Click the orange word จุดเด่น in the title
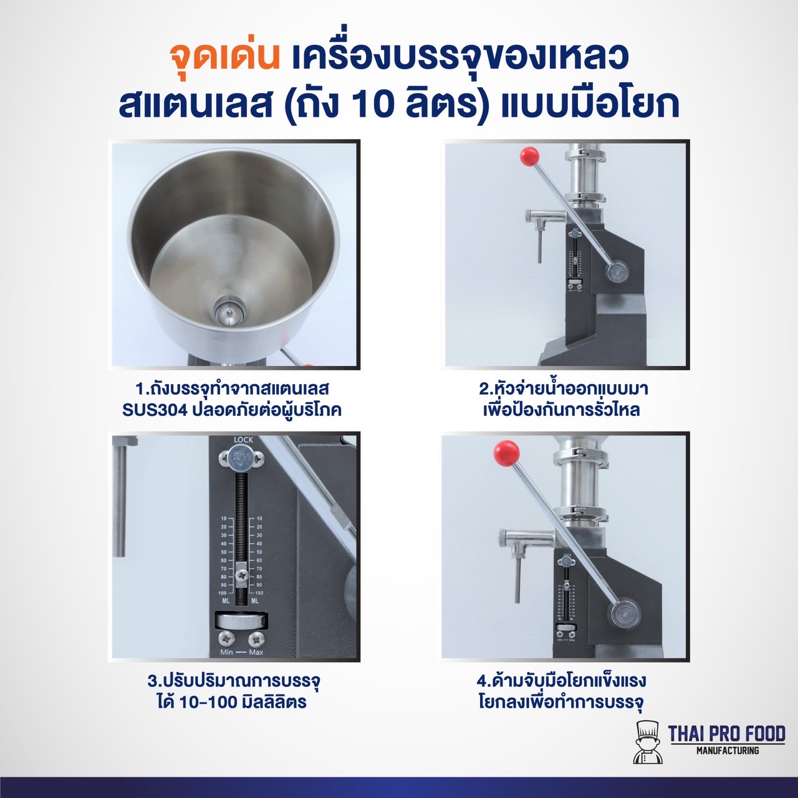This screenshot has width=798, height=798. coord(224,56)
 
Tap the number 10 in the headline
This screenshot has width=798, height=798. coord(374,103)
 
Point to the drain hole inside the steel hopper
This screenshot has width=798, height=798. coord(228,310)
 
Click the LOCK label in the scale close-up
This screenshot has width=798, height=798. coord(243,440)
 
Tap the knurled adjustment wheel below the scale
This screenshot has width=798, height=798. coord(243,621)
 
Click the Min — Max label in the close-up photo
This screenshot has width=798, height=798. coord(242,652)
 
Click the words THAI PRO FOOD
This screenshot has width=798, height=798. coord(726,734)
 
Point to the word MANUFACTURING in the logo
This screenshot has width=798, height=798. coord(728,751)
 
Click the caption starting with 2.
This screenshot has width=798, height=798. coord(563,399)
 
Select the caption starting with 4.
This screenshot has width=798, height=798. coord(562,691)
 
